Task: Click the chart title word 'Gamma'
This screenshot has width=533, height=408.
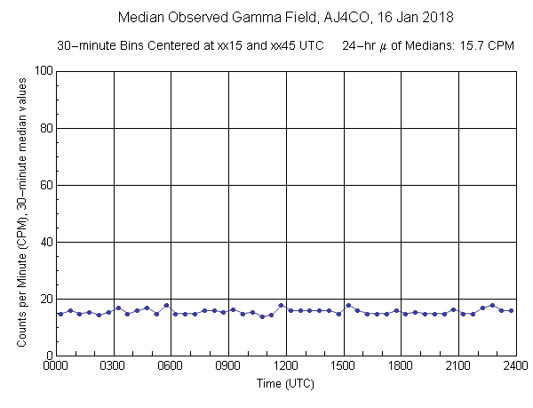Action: (256, 17)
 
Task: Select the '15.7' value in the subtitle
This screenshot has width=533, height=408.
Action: (477, 44)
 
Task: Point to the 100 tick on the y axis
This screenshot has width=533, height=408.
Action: (42, 71)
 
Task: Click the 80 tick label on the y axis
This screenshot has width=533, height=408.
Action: (44, 128)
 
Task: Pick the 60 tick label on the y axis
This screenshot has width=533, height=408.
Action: (44, 185)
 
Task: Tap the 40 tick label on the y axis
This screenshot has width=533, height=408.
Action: (44, 242)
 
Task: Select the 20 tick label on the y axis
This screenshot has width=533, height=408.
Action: (44, 299)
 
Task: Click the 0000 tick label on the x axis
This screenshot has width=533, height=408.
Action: (56, 365)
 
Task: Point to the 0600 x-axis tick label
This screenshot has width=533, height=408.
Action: (171, 365)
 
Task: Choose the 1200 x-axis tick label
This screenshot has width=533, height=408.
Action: (286, 365)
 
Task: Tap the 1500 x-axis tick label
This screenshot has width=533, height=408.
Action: (343, 365)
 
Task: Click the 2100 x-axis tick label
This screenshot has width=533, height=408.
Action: (458, 365)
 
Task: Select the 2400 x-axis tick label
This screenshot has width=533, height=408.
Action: (515, 365)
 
